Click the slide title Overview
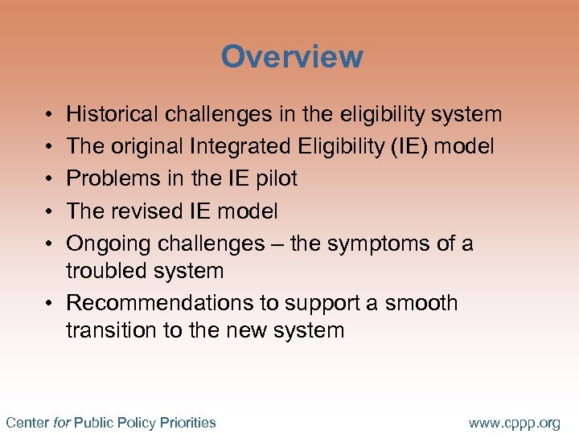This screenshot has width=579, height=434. (292, 57)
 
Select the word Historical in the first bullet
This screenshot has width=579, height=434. (112, 115)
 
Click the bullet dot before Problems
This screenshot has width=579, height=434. (49, 179)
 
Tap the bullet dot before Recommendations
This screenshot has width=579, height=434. (49, 304)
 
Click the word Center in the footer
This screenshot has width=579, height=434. (27, 422)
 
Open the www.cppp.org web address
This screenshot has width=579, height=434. (514, 422)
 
